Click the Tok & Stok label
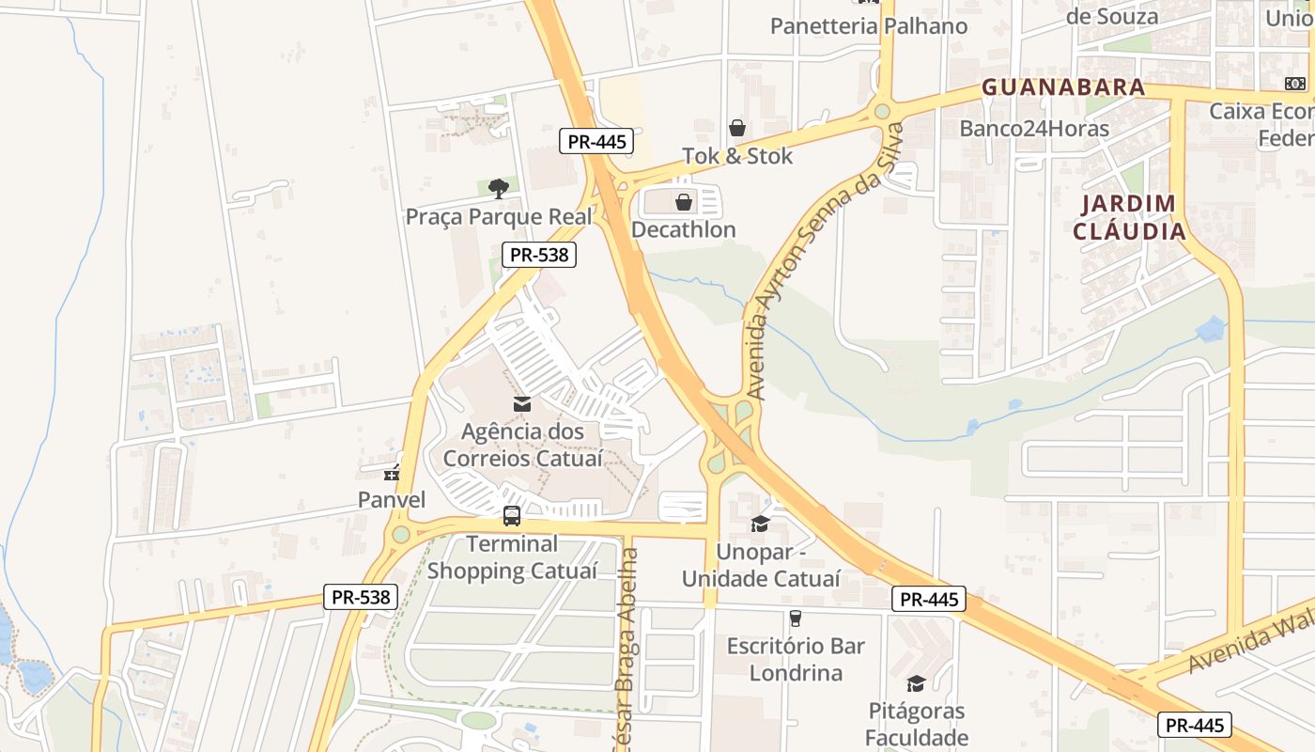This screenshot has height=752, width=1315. [737, 156]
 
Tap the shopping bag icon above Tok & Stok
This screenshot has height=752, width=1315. [737, 128]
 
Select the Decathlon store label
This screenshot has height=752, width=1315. [683, 229]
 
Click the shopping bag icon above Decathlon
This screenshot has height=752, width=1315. [684, 202]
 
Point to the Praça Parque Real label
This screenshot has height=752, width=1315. [499, 217]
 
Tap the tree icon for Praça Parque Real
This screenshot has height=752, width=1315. [499, 189]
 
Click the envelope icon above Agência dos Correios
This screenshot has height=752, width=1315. [522, 404]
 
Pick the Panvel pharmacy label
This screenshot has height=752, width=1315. [392, 499]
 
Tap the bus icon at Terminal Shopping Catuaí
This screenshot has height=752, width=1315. [511, 516]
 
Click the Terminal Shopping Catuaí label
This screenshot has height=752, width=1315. [512, 557]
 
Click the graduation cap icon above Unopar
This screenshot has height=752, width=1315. [760, 524]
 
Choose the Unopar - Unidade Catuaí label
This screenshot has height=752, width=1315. [761, 565]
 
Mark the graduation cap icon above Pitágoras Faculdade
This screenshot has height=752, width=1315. [916, 683]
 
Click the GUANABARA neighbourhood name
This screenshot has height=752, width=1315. [1063, 87]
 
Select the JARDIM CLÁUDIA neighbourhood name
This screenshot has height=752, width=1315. [1129, 217]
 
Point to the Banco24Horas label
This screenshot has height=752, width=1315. [1034, 128]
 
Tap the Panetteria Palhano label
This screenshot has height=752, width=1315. [869, 26]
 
